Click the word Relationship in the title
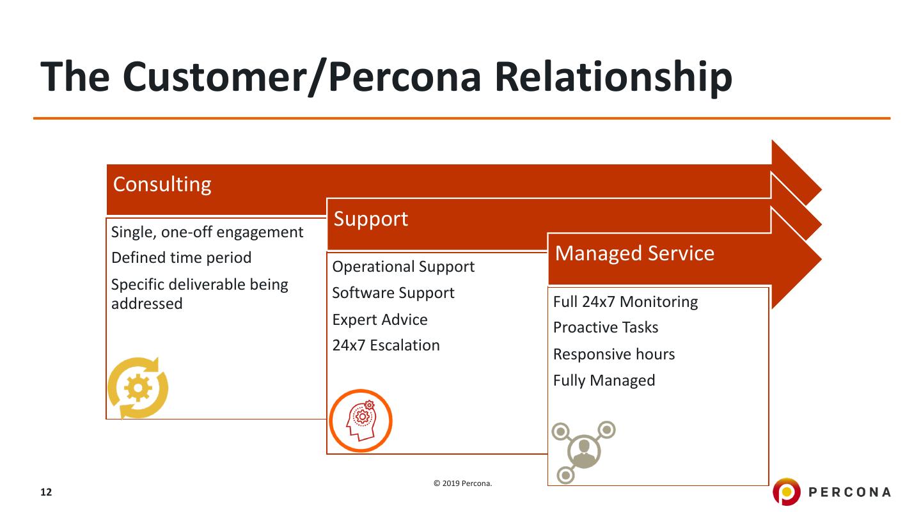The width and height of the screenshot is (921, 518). coord(613,77)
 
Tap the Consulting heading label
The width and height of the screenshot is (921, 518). coord(162,184)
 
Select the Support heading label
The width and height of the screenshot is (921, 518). coord(371,219)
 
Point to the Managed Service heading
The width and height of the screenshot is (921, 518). coord(634,253)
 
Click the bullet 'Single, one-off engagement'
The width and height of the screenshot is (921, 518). coord(207,232)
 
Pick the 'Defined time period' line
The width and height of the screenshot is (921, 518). coord(182,258)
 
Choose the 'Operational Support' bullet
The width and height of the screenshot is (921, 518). coord(404,267)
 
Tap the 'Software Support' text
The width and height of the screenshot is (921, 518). coord(393,293)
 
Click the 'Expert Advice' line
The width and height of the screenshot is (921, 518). coord(380,319)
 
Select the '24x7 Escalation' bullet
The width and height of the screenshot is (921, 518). coord(386,345)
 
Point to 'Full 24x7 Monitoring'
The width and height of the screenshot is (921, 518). coord(626,301)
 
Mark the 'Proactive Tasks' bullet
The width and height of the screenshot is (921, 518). coord(606,327)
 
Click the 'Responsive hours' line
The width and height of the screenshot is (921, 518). coord(614,354)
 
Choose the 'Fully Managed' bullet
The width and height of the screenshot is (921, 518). coord(604,381)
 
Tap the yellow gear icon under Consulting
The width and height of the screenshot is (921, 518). coord(138,388)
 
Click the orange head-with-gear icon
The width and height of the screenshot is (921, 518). coord(361,421)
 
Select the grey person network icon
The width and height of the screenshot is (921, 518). coord(583,450)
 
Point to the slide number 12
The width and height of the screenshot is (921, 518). coord(46,492)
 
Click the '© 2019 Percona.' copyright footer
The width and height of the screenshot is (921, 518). coord(463,483)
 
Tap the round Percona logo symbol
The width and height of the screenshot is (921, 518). coord(786,492)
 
